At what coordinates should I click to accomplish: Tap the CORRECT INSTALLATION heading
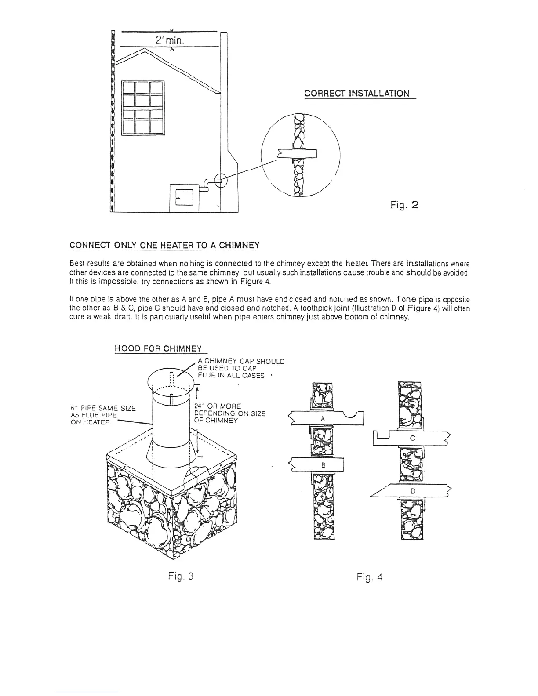(x=357, y=94)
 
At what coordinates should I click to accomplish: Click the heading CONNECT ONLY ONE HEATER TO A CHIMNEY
(x=164, y=245)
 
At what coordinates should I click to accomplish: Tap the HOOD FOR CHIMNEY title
(x=158, y=349)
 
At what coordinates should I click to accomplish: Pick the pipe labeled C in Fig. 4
(x=411, y=438)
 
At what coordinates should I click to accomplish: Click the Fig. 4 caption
(x=370, y=577)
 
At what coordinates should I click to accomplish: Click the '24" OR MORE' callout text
(x=218, y=406)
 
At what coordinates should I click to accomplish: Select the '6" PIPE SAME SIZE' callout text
(x=103, y=408)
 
